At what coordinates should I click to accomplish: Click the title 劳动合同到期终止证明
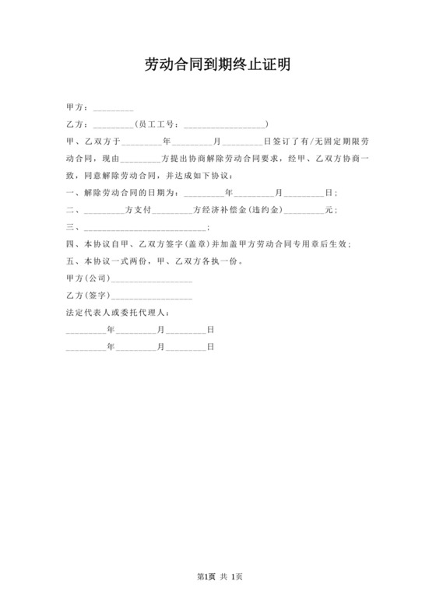tap(218, 65)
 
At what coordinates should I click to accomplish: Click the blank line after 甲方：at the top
tap(113, 108)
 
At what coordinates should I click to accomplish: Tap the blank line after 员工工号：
tap(223, 124)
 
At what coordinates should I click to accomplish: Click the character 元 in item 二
tap(329, 210)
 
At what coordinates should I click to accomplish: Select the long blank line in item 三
tap(144, 227)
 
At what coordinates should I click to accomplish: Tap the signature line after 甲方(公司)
tap(153, 278)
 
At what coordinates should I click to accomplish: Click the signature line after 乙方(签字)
tap(153, 296)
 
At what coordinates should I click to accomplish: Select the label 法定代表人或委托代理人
tap(114, 313)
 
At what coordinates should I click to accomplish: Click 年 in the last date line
tap(111, 347)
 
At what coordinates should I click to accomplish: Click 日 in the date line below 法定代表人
tap(210, 330)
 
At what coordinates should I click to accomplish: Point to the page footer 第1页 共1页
tap(218, 576)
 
